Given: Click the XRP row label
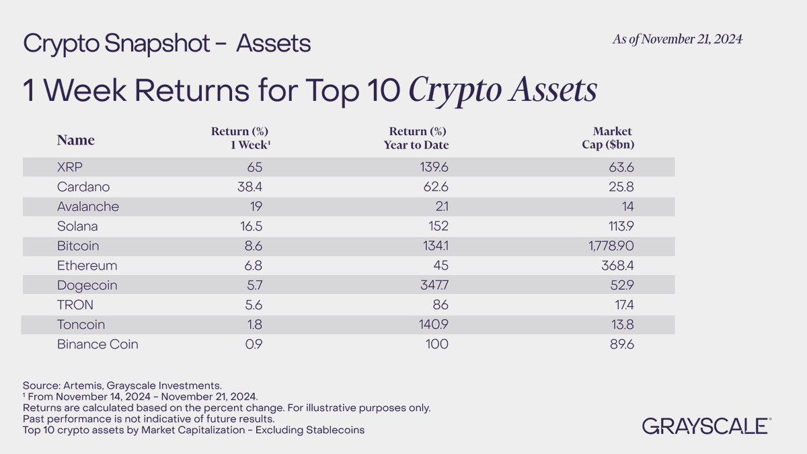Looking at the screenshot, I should tap(71, 167).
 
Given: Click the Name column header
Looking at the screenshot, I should tap(75, 140).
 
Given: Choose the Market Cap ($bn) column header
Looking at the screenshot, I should tap(609, 138).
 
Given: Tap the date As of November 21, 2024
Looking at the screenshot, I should tap(677, 40).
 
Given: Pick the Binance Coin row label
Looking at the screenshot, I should tap(98, 345).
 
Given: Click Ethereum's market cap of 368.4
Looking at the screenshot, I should tap(617, 266).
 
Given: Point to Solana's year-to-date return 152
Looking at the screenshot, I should tap(436, 226).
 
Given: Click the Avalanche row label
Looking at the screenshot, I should tap(88, 206).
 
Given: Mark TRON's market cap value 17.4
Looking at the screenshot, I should tap(621, 305).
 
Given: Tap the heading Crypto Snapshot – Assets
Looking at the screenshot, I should tap(167, 44).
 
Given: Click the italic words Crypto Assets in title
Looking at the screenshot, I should tap(503, 91).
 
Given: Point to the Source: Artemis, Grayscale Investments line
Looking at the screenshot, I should tap(122, 385).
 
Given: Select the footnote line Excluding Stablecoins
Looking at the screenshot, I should tap(194, 429).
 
